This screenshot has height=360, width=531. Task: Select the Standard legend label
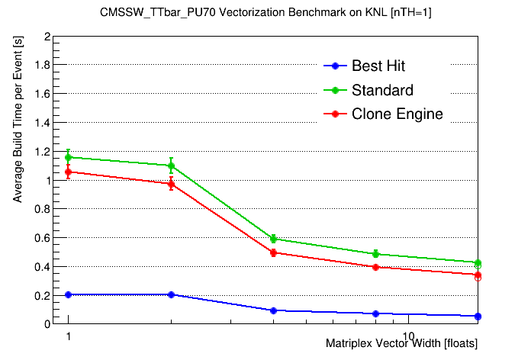click(382, 91)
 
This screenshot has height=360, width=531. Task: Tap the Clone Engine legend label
click(397, 114)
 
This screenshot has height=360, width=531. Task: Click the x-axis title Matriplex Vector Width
click(402, 344)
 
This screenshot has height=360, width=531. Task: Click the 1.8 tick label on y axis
click(43, 66)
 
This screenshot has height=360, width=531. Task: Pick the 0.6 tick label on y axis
click(43, 238)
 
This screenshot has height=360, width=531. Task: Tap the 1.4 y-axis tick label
click(43, 123)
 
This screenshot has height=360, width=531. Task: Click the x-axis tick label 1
click(69, 336)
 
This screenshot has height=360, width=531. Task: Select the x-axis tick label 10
click(409, 336)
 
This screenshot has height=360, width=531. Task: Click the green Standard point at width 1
click(69, 157)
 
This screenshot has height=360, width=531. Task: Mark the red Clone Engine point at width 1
click(69, 172)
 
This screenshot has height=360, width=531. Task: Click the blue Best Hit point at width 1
click(69, 294)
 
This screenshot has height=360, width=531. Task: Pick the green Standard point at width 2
click(171, 166)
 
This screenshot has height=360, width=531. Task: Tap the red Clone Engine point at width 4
click(273, 252)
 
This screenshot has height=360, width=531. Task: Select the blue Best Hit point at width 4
click(273, 310)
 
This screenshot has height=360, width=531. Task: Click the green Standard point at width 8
click(375, 254)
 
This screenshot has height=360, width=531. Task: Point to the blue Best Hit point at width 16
click(478, 316)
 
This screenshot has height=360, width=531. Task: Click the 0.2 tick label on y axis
click(43, 295)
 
